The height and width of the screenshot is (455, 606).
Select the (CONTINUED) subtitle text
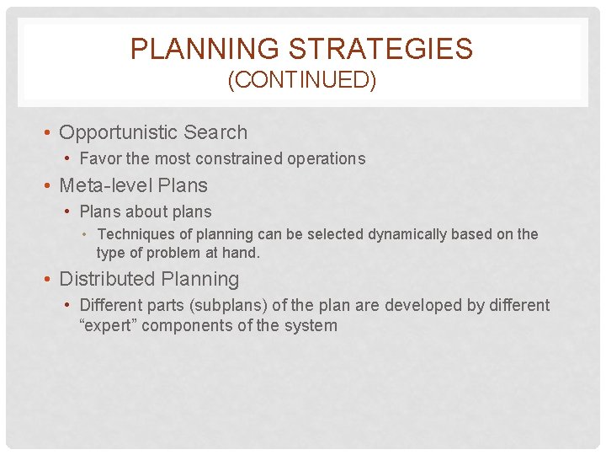point(302,81)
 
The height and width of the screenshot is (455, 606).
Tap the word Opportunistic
point(119,133)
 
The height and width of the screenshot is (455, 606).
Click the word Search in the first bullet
point(215,133)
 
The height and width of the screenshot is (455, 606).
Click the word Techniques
point(134,234)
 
